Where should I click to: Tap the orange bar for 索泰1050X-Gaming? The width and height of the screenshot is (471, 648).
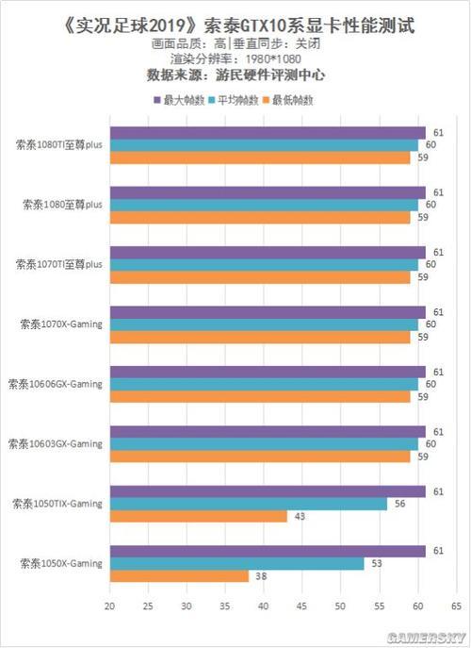click(x=180, y=575)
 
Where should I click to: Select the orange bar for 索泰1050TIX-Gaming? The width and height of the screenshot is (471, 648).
click(x=199, y=516)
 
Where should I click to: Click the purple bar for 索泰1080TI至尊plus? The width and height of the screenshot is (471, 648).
click(x=268, y=132)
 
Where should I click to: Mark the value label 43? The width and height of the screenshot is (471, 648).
click(x=300, y=517)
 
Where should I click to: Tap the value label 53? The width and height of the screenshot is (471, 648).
click(x=377, y=563)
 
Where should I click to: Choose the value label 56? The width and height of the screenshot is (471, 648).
click(x=399, y=504)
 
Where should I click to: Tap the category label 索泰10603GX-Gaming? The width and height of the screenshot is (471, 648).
click(x=56, y=443)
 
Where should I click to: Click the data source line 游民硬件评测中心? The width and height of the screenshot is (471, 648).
click(x=235, y=74)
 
